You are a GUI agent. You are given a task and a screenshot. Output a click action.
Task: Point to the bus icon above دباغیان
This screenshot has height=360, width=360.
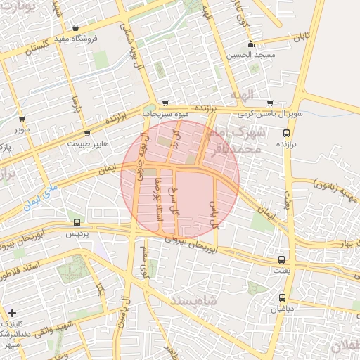[x=282, y=297]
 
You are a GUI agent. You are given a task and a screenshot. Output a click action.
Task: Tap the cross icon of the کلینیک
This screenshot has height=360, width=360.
[x=12, y=312]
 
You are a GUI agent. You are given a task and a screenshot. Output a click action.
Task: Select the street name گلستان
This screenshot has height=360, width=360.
[x=39, y=50]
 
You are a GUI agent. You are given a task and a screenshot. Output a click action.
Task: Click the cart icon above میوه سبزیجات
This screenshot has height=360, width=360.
[x=165, y=102]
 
